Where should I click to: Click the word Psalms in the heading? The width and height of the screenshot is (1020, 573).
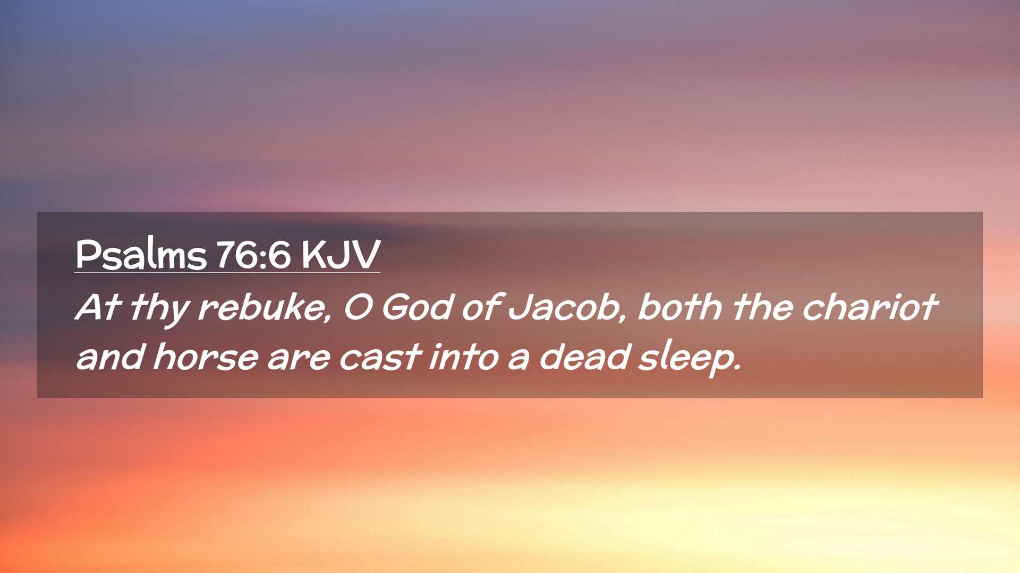141,254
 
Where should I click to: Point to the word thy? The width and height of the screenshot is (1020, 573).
160,309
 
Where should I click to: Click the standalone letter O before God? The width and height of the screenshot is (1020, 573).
358,307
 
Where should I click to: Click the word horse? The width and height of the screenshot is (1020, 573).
206,356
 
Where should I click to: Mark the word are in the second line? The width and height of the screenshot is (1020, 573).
299,358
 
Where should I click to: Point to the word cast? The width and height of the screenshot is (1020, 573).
380,357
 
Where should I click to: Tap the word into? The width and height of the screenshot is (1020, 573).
464,356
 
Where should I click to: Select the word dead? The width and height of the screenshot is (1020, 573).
584,356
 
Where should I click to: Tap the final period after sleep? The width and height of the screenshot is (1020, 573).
736,367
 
